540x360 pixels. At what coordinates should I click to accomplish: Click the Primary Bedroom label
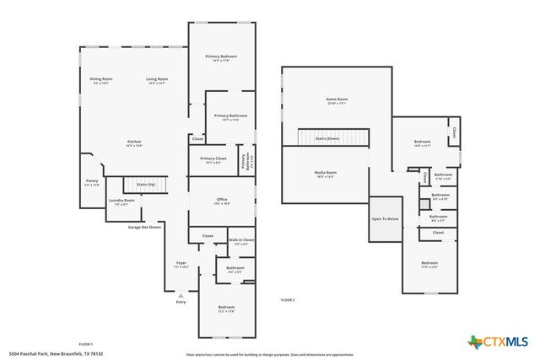pos(221,56)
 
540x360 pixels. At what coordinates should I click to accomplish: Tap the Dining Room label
pos(101,79)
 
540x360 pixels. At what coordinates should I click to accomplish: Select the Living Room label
pos(157,79)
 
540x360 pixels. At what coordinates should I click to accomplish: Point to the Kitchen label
pos(134,142)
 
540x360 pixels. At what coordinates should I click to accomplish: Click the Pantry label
pos(91,180)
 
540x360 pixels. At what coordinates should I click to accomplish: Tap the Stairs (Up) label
pos(146,183)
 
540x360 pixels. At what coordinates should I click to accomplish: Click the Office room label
pos(222,200)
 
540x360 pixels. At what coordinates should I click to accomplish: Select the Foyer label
pos(181,264)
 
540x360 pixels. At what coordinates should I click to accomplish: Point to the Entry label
pos(181,301)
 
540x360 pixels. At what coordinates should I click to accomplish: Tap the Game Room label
pos(337,99)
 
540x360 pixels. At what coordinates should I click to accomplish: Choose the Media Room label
pos(326,173)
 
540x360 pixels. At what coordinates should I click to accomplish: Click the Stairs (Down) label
pos(327,137)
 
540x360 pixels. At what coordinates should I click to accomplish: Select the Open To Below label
pos(385,218)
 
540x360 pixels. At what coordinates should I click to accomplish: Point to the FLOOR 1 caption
pos(85,344)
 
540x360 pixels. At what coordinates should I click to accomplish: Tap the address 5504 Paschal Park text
pos(55,353)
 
